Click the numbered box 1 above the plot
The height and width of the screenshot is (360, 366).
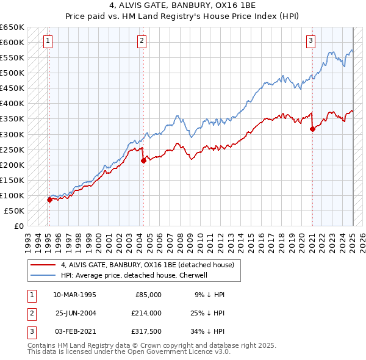(x=48, y=41)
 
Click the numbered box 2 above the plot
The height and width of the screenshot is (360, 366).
(x=142, y=41)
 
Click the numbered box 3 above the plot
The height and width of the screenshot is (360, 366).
(x=310, y=41)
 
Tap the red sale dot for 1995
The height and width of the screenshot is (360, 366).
(x=49, y=200)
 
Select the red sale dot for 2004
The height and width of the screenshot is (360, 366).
(x=143, y=160)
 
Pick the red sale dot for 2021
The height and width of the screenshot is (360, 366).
(x=312, y=129)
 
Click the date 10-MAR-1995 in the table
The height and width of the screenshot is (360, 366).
(x=75, y=295)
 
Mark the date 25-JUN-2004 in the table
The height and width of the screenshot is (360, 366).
(x=75, y=312)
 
